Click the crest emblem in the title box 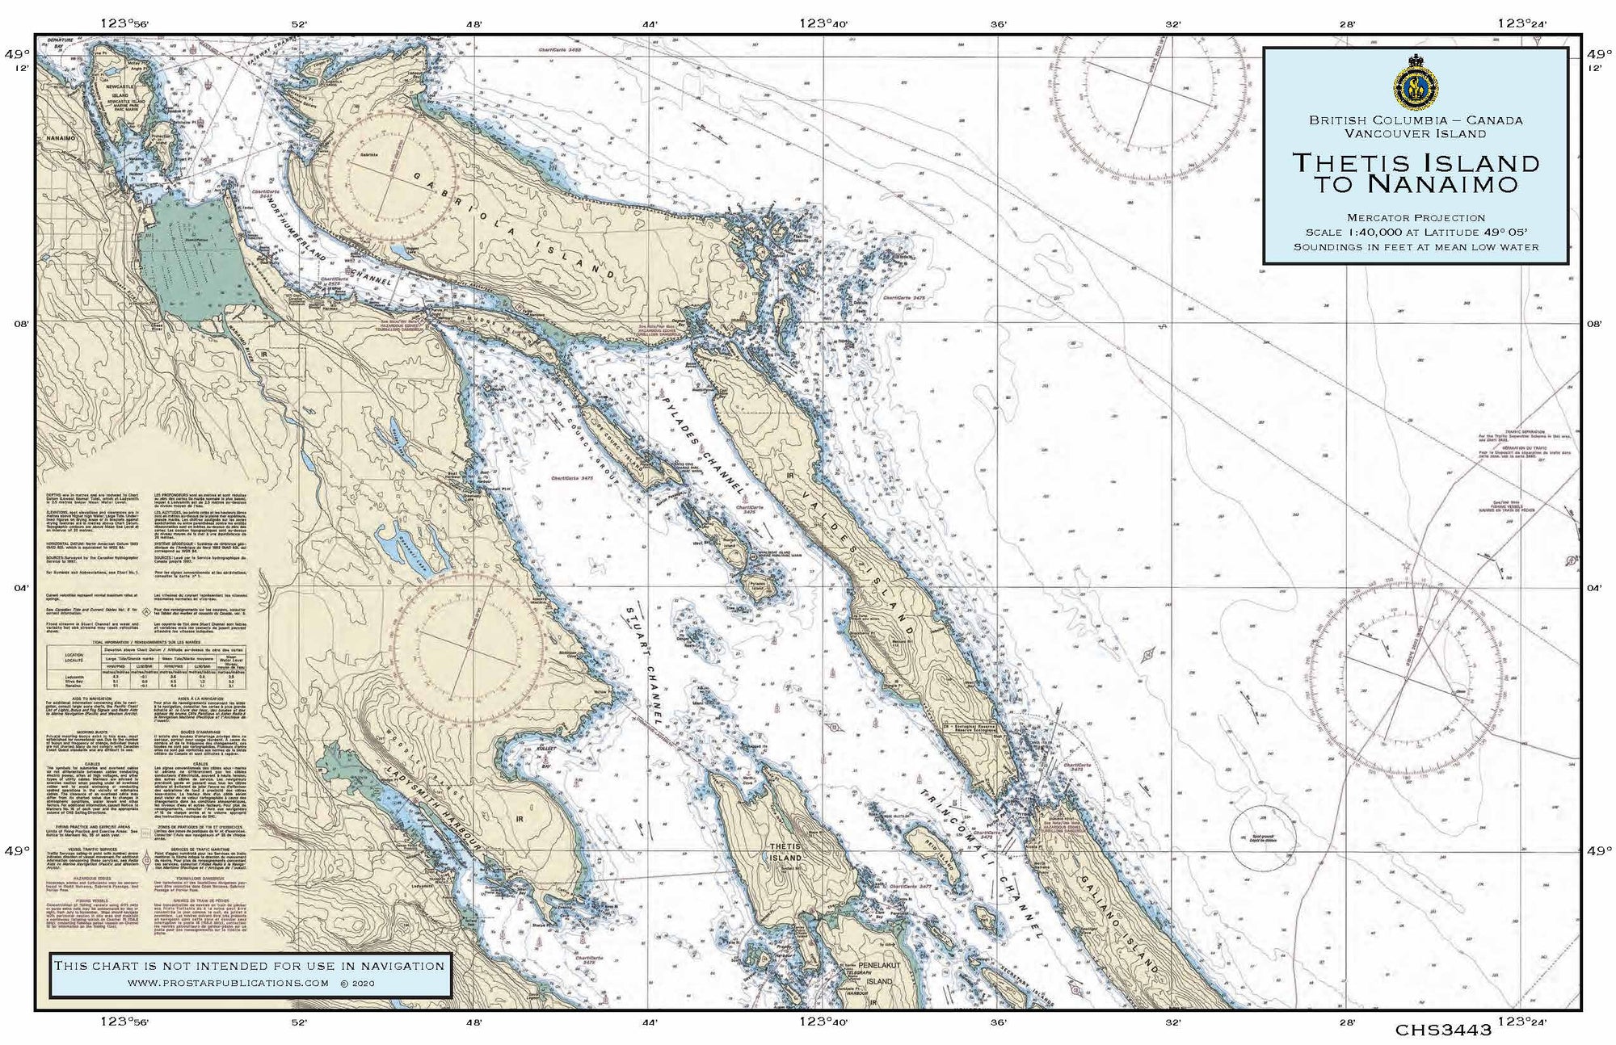point(1416,83)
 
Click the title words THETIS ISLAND point(1416,162)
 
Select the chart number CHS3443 point(1442,1030)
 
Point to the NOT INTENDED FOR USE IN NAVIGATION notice point(249,966)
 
